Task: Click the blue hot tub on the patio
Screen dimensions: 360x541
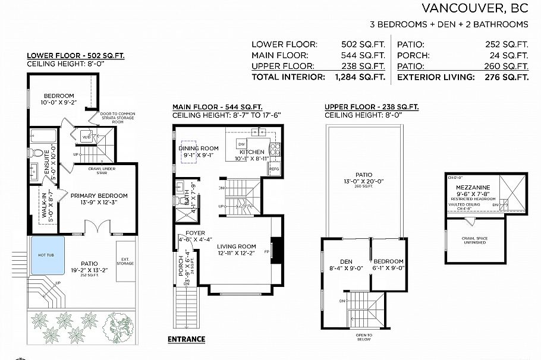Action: click(48, 255)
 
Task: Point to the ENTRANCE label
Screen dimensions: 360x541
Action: click(186, 339)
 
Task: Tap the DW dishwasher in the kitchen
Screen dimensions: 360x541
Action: click(241, 144)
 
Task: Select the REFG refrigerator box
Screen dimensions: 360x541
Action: click(274, 169)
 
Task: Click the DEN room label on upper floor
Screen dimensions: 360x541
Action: click(347, 261)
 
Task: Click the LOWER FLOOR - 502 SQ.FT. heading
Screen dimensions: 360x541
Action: click(76, 56)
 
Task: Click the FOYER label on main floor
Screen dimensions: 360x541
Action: click(195, 233)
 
